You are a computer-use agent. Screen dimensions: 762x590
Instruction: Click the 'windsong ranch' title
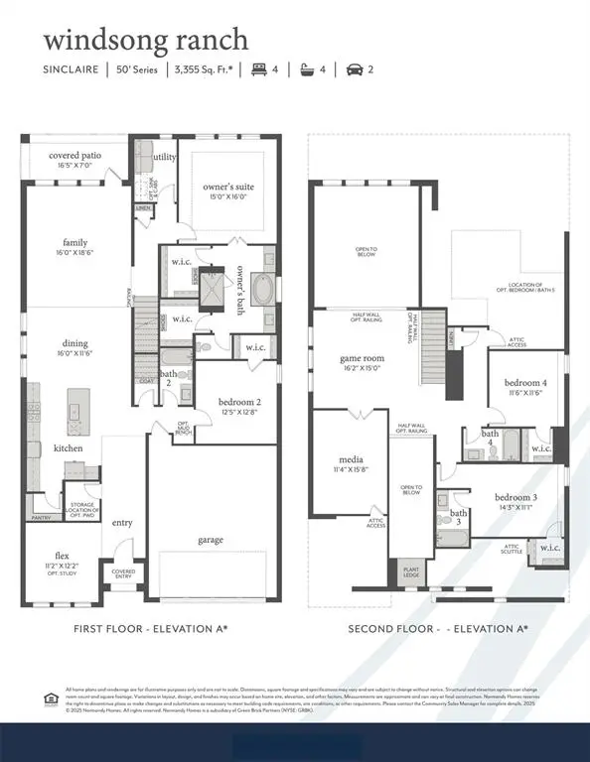(145, 41)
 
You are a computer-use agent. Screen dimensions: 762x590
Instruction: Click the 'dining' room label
(75, 344)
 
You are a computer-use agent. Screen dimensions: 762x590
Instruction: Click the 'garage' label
(210, 540)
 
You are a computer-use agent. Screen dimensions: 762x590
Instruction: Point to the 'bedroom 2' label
(239, 402)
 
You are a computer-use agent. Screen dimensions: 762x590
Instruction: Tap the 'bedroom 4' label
(525, 383)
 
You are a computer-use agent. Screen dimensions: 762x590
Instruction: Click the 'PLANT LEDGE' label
(410, 573)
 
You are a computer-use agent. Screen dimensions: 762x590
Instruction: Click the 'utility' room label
(164, 157)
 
